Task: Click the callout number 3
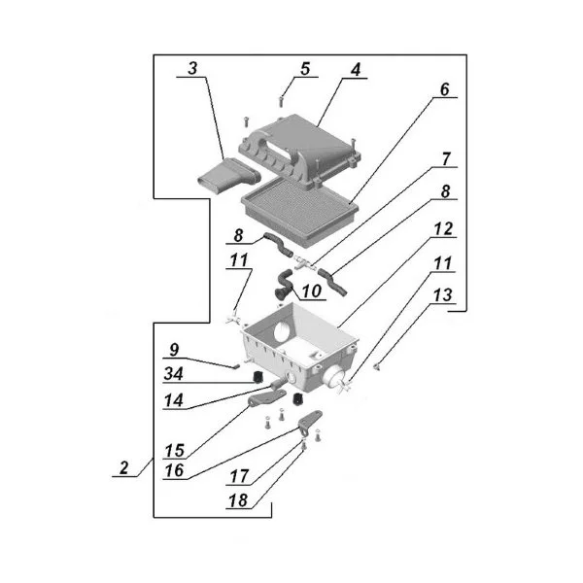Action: coord(193,69)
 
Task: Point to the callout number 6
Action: coord(444,89)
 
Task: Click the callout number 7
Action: coord(446,157)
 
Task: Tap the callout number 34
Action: coord(176,372)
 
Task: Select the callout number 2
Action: coord(123,467)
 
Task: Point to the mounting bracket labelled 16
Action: coord(310,424)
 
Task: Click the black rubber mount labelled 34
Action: coord(258,376)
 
